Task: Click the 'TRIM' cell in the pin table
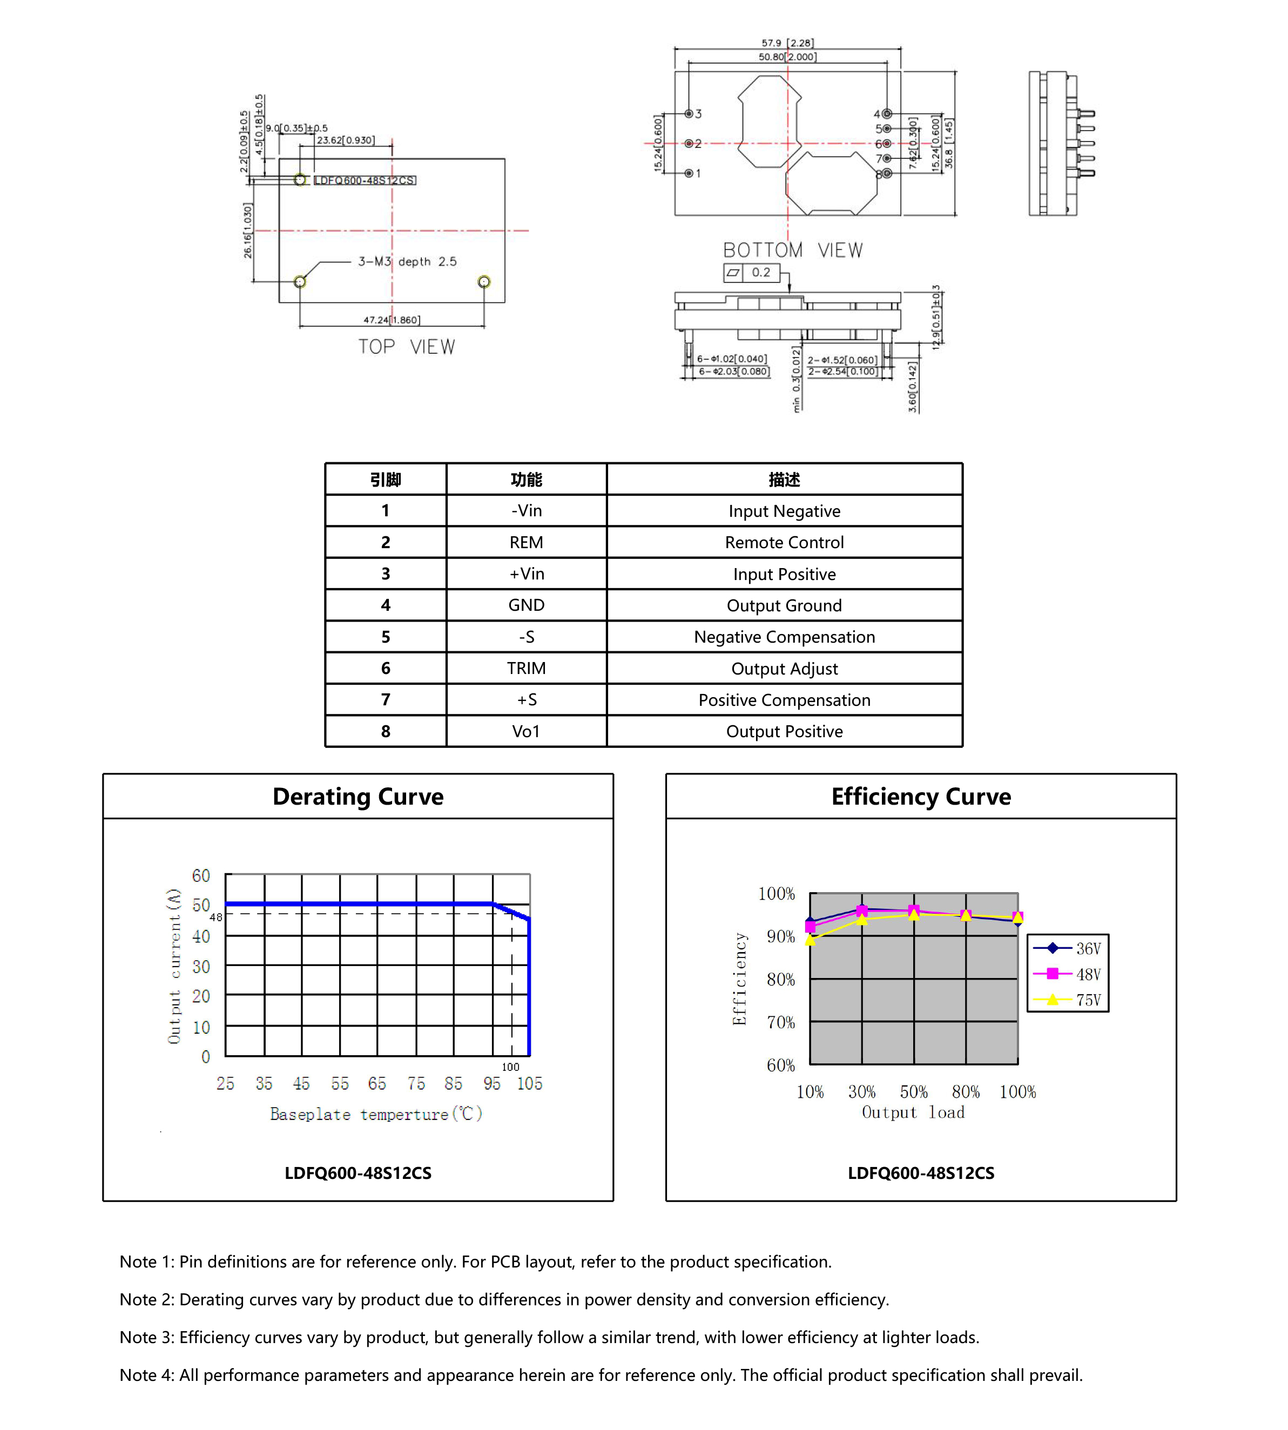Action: [526, 668]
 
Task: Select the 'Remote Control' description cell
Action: [784, 542]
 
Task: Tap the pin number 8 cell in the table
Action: [385, 731]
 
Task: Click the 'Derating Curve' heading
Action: [358, 796]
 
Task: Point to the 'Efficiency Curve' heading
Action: [920, 796]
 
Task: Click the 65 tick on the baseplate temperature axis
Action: [376, 1083]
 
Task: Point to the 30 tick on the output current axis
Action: [201, 967]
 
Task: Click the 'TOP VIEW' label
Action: [406, 347]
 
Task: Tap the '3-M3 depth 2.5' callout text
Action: [407, 261]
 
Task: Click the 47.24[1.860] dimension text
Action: [392, 320]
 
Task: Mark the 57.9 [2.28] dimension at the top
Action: [787, 43]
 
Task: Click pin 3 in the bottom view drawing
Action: [689, 114]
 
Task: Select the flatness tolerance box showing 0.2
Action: [751, 272]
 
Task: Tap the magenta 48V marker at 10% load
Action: [810, 927]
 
